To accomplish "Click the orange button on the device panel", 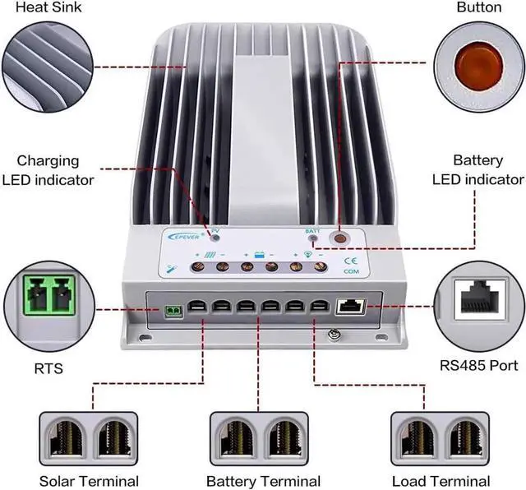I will click(x=339, y=238).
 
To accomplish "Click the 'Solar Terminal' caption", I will click(x=89, y=481).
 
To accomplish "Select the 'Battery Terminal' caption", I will click(x=263, y=481).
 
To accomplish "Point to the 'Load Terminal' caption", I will click(x=441, y=481).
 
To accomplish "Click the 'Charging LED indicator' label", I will click(x=48, y=170).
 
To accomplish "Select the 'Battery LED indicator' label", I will click(x=478, y=170).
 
